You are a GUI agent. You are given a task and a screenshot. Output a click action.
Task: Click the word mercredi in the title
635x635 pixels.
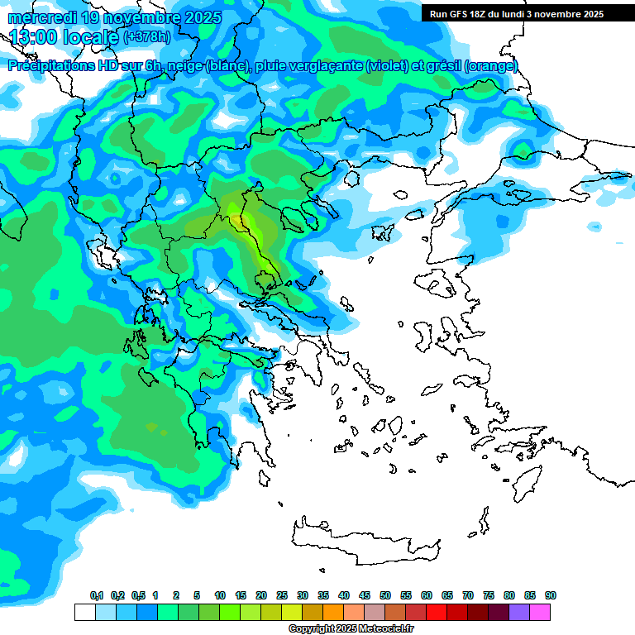(38, 17)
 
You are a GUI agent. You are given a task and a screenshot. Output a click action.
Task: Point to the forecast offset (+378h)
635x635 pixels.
(148, 37)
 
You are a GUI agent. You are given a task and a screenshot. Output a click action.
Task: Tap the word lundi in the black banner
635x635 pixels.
(518, 14)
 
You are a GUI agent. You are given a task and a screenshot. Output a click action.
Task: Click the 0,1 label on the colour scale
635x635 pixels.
(96, 596)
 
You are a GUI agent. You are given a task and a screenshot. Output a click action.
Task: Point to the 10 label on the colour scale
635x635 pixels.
(220, 596)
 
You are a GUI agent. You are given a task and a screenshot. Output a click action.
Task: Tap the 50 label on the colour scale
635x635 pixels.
(385, 596)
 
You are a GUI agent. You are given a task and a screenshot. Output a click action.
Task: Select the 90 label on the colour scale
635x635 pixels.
(551, 596)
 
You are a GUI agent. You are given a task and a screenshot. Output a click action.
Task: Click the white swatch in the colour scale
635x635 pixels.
(84, 612)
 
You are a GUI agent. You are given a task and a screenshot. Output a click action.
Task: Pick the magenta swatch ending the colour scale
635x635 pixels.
(540, 612)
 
